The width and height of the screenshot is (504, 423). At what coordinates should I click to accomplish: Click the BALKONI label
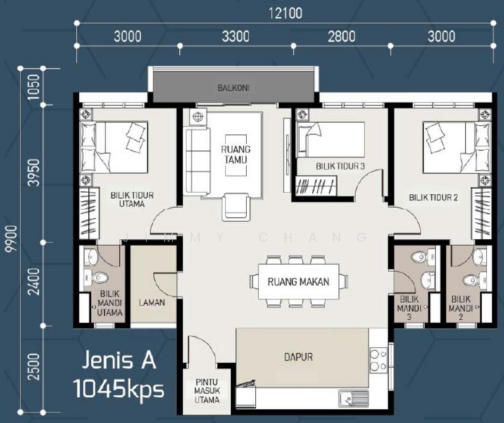pos(233,88)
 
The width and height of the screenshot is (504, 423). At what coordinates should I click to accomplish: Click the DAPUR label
pos(299,357)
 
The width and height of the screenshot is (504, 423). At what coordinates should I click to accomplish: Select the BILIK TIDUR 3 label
pos(340,166)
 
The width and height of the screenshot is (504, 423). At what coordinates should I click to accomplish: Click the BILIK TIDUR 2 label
pos(434,199)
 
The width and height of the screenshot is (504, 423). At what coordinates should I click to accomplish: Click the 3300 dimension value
pos(234,37)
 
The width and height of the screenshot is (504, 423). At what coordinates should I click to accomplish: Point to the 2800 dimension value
pos(341,37)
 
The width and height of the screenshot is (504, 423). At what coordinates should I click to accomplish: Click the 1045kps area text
pos(119,388)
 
